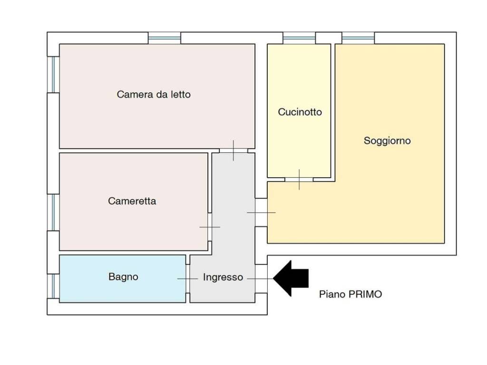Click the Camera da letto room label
pyautogui.click(x=154, y=95)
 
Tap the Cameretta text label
pyautogui.click(x=132, y=201)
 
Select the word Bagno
pyautogui.click(x=123, y=277)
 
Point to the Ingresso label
pyautogui.click(x=223, y=277)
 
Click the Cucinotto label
pyautogui.click(x=300, y=112)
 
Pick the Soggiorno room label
pyautogui.click(x=387, y=141)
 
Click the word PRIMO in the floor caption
pyautogui.click(x=365, y=294)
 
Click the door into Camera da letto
pyautogui.click(x=234, y=151)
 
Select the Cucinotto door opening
pyautogui.click(x=299, y=180)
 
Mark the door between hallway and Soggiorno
pyautogui.click(x=261, y=212)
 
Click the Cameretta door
pyautogui.click(x=210, y=227)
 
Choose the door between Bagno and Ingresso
pyautogui.click(x=188, y=279)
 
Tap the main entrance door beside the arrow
pyautogui.click(x=261, y=279)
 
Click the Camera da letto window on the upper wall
pyautogui.click(x=165, y=38)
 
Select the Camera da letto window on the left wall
pyautogui.click(x=53, y=75)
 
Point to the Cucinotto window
pyautogui.click(x=299, y=38)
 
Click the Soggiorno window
pyautogui.click(x=358, y=38)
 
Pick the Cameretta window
pyautogui.click(x=53, y=212)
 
